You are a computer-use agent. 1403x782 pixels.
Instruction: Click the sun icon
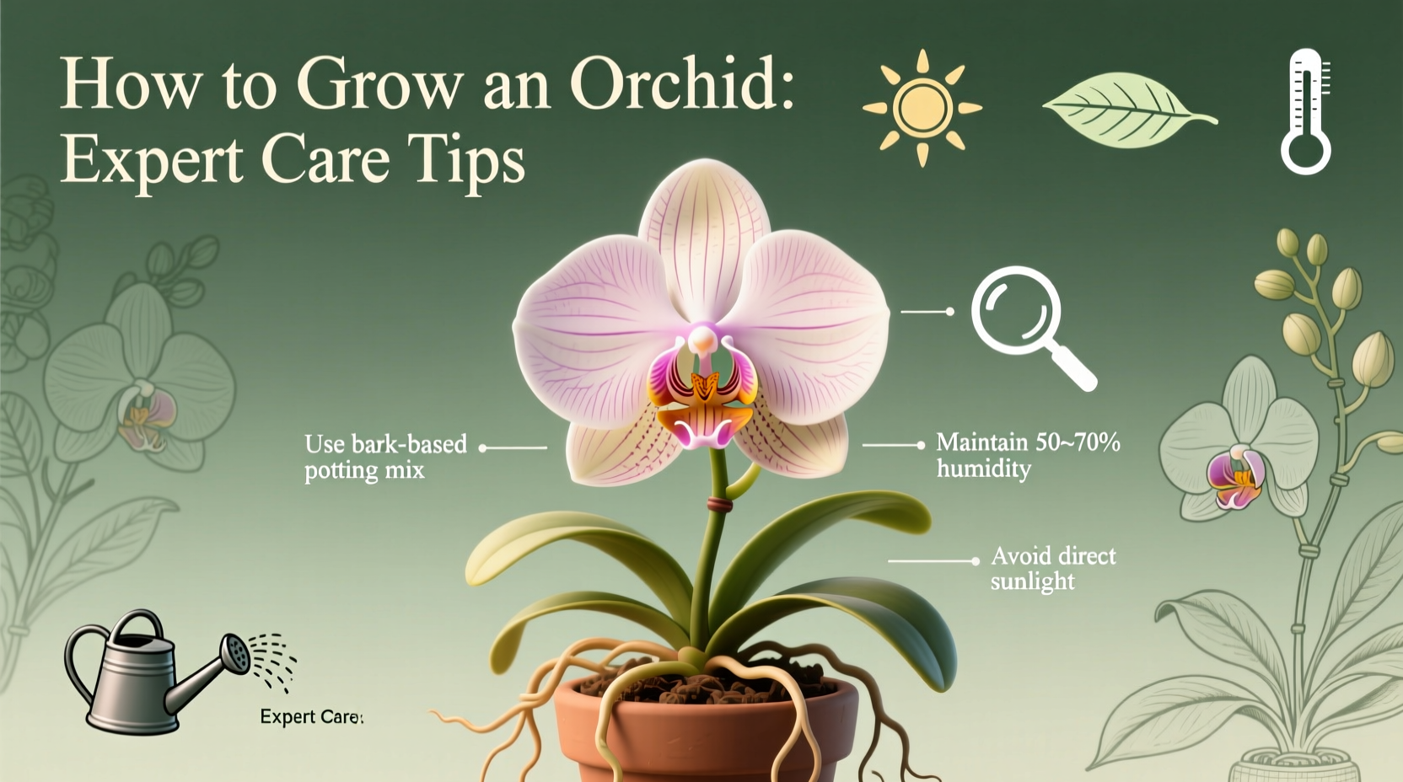point(922,108)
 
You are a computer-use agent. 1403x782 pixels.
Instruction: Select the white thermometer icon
point(1306,111)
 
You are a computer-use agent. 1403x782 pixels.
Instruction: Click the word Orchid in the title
point(681,84)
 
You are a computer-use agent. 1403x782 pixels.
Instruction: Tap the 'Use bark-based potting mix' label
point(385,456)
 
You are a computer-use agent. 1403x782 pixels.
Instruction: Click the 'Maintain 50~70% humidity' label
point(1027,454)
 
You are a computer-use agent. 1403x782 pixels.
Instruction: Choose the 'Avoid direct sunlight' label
point(1052,568)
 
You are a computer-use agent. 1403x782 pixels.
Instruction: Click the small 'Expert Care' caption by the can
point(310,717)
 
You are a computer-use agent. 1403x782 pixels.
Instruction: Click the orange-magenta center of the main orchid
point(702,392)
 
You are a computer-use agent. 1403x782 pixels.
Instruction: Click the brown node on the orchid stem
point(718,505)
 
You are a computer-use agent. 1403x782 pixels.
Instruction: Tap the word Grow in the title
point(379,84)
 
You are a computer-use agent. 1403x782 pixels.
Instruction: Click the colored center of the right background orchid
point(1235,477)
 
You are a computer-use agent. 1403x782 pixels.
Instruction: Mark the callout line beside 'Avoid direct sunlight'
point(933,560)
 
